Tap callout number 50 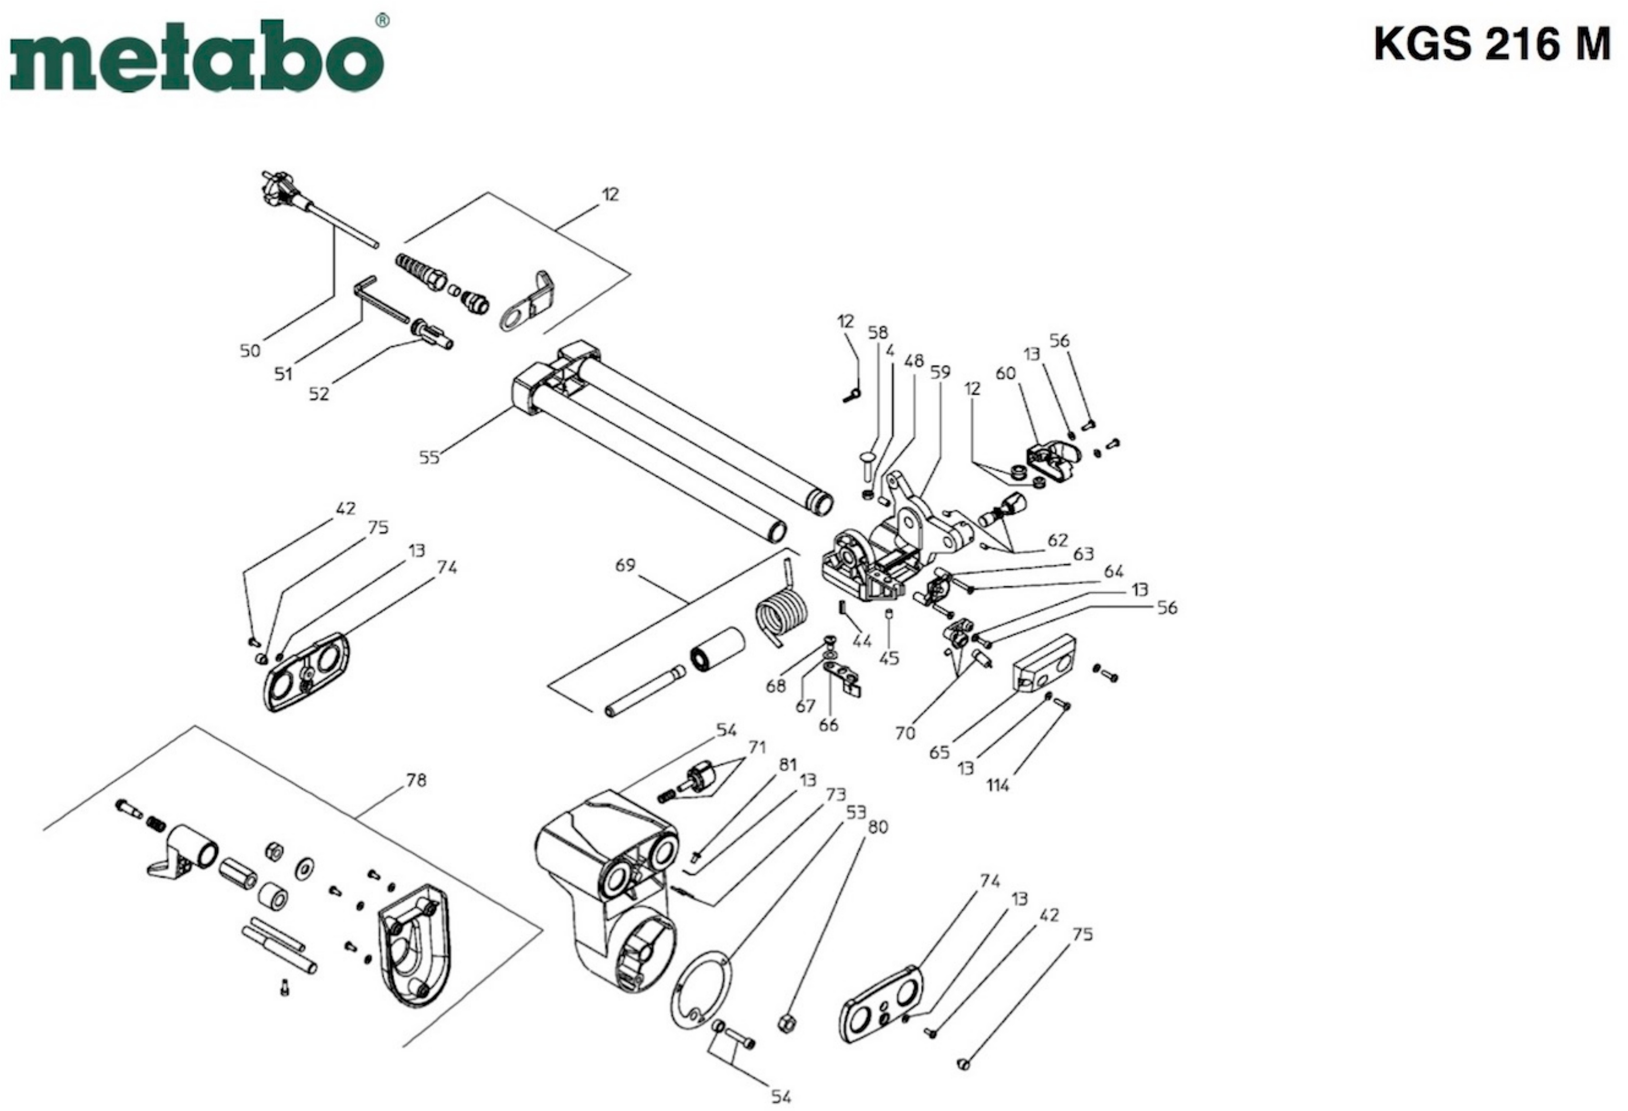(x=250, y=350)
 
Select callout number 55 (x=429, y=457)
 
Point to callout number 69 (x=625, y=564)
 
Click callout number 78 (x=416, y=780)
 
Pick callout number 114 (x=998, y=785)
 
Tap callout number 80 (x=878, y=827)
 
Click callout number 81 (x=788, y=764)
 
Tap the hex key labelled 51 (x=380, y=298)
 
